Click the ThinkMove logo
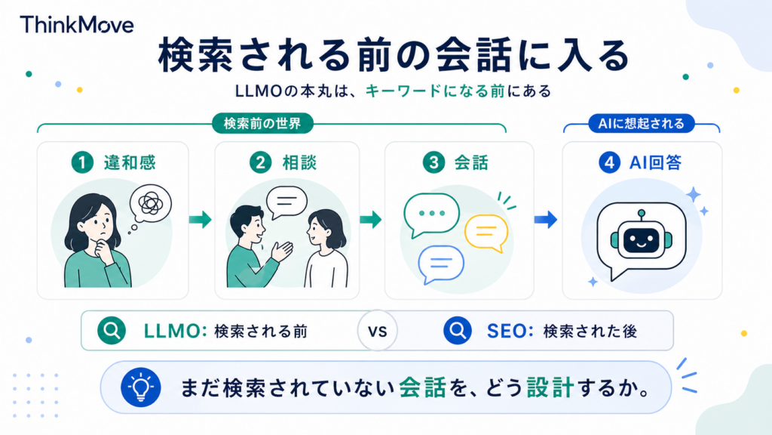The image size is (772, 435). (x=78, y=25)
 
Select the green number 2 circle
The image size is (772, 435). (x=259, y=162)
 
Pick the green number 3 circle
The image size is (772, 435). (x=433, y=162)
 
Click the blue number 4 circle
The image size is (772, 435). (x=610, y=162)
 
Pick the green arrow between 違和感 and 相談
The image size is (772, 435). (x=200, y=220)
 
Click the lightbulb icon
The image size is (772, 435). (x=141, y=387)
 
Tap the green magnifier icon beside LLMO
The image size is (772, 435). (x=112, y=330)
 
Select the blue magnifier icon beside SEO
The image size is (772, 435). (x=458, y=330)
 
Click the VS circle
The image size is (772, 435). (x=385, y=330)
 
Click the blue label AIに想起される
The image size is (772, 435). (x=641, y=123)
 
